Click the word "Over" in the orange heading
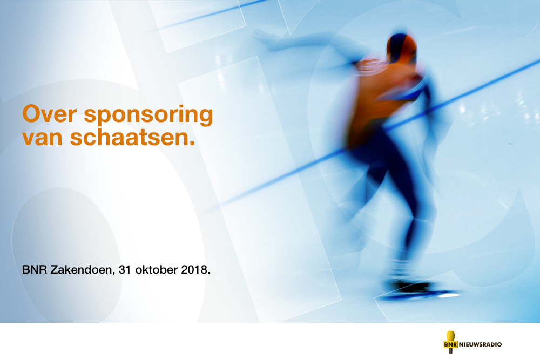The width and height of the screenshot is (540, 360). click(49, 114)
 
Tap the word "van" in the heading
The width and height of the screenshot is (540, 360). click(42, 137)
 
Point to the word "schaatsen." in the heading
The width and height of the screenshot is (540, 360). click(133, 137)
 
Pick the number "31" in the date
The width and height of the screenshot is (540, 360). click(125, 269)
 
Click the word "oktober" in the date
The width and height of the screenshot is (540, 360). click(157, 269)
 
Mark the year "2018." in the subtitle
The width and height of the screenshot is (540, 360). click(195, 269)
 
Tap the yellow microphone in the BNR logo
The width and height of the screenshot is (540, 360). click(450, 342)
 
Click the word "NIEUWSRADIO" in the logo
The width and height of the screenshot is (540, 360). click(480, 344)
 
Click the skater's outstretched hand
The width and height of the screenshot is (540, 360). click(262, 37)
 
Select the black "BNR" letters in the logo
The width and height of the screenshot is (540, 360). click(450, 344)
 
